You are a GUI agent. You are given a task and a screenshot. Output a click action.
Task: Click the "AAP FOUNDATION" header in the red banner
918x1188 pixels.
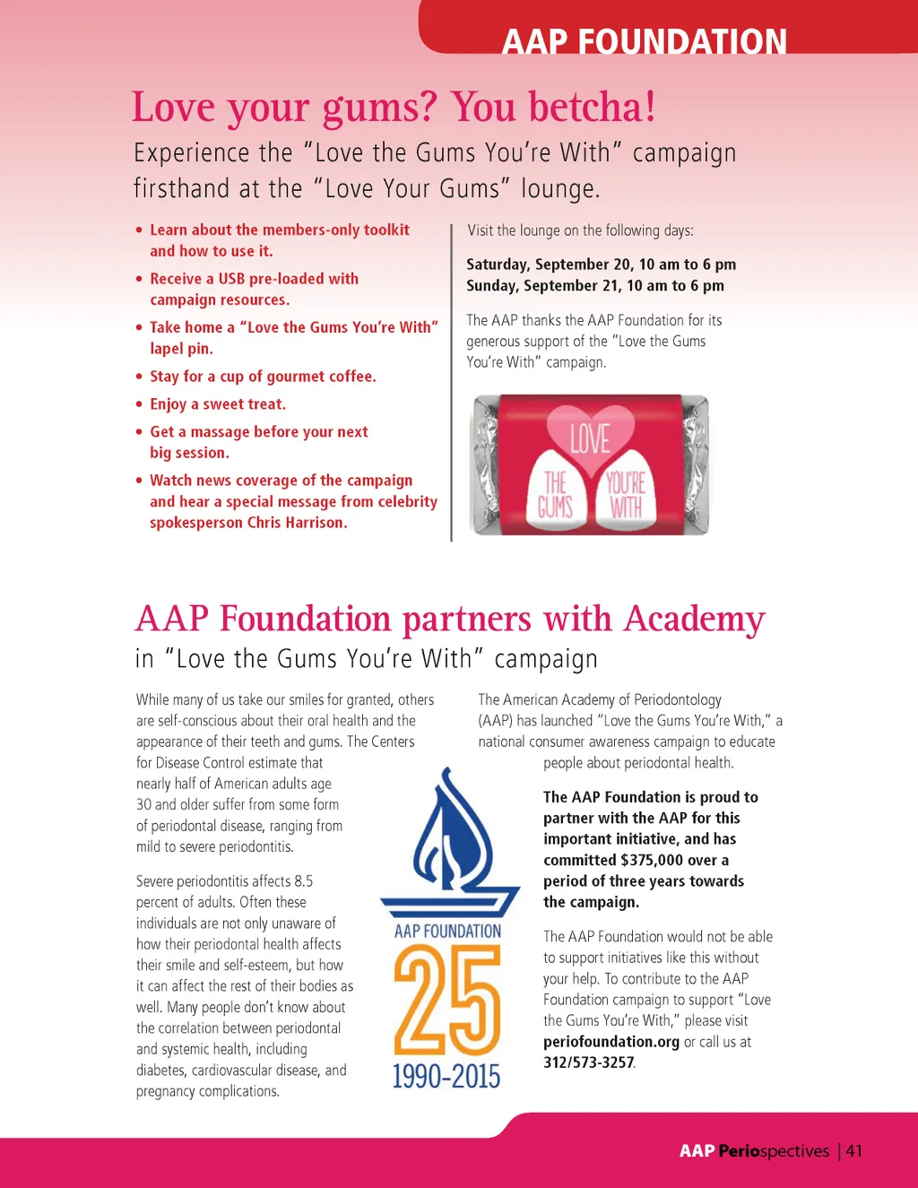[x=644, y=42]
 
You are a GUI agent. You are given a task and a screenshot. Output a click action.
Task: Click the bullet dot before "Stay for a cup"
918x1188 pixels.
[x=139, y=377]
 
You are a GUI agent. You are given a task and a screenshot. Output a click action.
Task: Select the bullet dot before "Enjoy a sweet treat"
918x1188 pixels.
[x=139, y=405]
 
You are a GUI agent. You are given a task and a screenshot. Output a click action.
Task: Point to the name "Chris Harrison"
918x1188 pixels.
[x=297, y=523]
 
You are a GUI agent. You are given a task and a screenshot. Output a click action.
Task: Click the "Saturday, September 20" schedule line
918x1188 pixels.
[x=601, y=264]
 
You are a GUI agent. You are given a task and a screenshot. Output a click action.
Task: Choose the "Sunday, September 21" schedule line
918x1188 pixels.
[x=594, y=286]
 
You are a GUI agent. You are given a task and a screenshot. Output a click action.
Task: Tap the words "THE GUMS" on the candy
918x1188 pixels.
[x=555, y=495]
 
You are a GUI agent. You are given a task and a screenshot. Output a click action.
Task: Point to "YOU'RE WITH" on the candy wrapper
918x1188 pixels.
[x=626, y=495]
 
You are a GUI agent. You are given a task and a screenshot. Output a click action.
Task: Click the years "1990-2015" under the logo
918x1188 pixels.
[x=446, y=1075]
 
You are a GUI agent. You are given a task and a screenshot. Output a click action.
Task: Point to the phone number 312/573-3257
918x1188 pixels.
[x=588, y=1062]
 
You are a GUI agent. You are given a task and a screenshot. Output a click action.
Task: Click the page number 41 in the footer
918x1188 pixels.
[x=854, y=1151]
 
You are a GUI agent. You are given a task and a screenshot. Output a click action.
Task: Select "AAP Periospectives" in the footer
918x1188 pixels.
[x=754, y=1151]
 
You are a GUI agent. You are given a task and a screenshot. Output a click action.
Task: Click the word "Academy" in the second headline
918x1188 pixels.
[x=695, y=620]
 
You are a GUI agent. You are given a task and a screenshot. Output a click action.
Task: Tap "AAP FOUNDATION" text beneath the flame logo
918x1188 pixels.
[x=447, y=932]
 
